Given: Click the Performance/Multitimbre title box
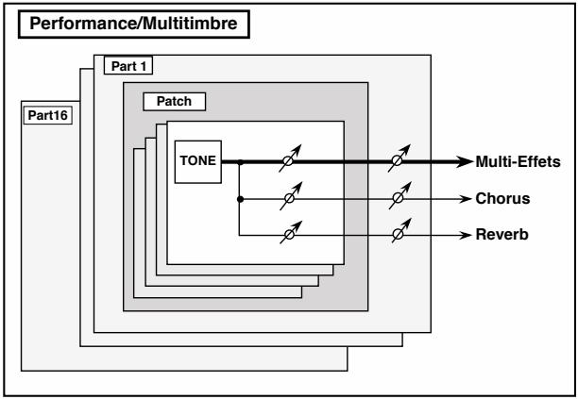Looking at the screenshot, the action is [134, 24].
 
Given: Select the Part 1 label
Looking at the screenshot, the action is [128, 66].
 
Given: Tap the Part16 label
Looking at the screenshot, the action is [48, 115].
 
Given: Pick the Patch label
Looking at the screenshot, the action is [174, 101].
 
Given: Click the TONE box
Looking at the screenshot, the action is [198, 161].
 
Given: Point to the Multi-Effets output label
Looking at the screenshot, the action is [518, 161].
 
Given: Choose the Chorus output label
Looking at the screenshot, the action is [502, 198].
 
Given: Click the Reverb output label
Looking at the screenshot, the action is [501, 235].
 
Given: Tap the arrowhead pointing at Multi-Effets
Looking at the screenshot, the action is [465, 161].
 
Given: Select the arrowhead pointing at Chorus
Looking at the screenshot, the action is [466, 199].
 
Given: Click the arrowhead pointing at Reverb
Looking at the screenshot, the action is [466, 235].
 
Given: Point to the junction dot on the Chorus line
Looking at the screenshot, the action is [240, 199].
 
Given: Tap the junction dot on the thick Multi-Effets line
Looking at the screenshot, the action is [240, 162].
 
